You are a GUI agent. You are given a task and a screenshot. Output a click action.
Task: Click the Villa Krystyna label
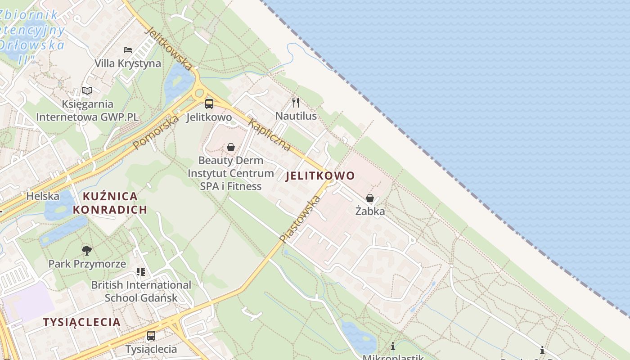pyautogui.click(x=128, y=63)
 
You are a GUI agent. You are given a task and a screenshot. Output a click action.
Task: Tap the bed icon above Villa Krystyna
pyautogui.click(x=128, y=49)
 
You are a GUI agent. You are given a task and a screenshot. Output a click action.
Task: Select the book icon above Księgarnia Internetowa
pyautogui.click(x=87, y=90)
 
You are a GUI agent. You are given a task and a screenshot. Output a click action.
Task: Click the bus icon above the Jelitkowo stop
pyautogui.click(x=209, y=104)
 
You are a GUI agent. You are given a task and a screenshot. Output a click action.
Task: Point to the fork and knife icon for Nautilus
pyautogui.click(x=296, y=102)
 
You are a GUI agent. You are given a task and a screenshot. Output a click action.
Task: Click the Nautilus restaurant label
pyautogui.click(x=296, y=116)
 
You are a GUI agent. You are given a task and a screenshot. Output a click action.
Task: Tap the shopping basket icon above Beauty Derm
pyautogui.click(x=231, y=147)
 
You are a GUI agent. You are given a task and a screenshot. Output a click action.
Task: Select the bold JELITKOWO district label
pyautogui.click(x=320, y=176)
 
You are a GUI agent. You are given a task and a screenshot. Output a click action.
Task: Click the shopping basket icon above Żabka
pyautogui.click(x=370, y=198)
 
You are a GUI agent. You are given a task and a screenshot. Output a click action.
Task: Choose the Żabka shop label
pyautogui.click(x=370, y=211)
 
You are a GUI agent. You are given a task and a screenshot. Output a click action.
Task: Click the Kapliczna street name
pyautogui.click(x=270, y=135)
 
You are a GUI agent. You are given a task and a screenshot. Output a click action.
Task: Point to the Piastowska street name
pyautogui.click(x=300, y=219)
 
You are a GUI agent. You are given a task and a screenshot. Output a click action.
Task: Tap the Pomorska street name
pyautogui.click(x=156, y=132)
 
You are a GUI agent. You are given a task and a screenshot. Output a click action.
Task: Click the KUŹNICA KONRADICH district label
pyautogui.click(x=110, y=203)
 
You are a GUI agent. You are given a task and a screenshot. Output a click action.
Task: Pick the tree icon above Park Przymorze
pyautogui.click(x=87, y=250)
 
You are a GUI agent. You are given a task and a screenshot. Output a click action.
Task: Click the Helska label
pyautogui.click(x=43, y=196)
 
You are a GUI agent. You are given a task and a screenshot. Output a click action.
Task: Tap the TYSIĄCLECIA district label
pyautogui.click(x=82, y=322)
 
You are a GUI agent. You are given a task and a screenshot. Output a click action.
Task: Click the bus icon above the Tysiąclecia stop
pyautogui.click(x=151, y=336)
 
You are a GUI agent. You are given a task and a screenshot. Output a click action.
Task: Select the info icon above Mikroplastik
pyautogui.click(x=393, y=346)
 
